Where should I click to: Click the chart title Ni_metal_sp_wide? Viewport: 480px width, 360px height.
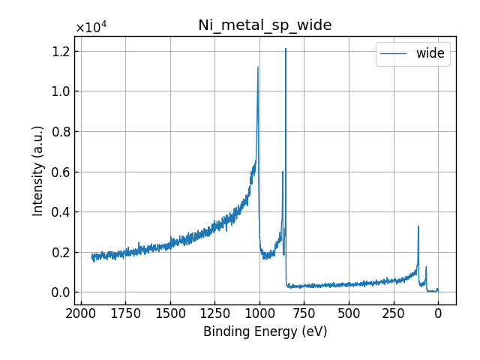[265, 25]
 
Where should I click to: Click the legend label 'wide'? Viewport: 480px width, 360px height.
[430, 53]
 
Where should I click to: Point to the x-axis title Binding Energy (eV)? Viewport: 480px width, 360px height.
[265, 331]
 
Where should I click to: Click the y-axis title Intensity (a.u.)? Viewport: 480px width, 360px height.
[38, 171]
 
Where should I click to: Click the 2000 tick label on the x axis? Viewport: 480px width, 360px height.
[81, 312]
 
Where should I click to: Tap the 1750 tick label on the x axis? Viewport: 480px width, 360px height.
[125, 312]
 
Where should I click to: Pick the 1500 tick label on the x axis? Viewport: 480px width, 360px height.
[170, 312]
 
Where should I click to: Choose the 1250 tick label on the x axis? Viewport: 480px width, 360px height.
[214, 312]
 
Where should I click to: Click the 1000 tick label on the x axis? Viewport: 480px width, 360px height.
[259, 312]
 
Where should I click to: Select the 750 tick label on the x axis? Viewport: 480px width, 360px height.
[304, 312]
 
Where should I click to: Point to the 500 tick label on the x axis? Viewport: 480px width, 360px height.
[349, 312]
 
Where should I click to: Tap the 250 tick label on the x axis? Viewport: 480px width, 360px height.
[393, 312]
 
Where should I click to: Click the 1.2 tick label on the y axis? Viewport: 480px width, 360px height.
[60, 52]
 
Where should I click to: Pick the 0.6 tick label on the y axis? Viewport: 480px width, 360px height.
[60, 172]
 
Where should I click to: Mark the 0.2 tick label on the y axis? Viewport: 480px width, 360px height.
[60, 252]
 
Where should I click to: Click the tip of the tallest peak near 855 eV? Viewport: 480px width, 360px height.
[286, 49]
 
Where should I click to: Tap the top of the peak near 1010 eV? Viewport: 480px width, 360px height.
[258, 67]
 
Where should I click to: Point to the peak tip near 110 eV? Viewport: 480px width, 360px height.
[418, 226]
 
